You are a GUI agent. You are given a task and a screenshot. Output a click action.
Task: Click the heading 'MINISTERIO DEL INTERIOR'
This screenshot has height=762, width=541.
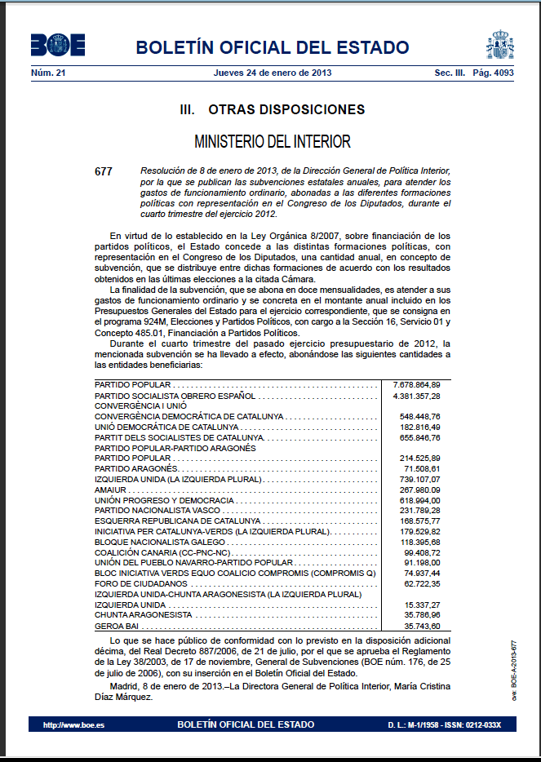pos(273,142)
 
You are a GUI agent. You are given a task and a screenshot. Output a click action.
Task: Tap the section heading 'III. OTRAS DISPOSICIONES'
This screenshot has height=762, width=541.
pos(272,109)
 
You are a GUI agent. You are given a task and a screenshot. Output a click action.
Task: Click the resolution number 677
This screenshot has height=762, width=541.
pos(103,171)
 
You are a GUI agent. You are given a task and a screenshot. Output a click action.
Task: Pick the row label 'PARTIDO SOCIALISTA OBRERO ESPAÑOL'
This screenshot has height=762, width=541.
pos(175,395)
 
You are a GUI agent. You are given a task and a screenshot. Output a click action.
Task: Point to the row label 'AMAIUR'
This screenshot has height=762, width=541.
pos(110,490)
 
